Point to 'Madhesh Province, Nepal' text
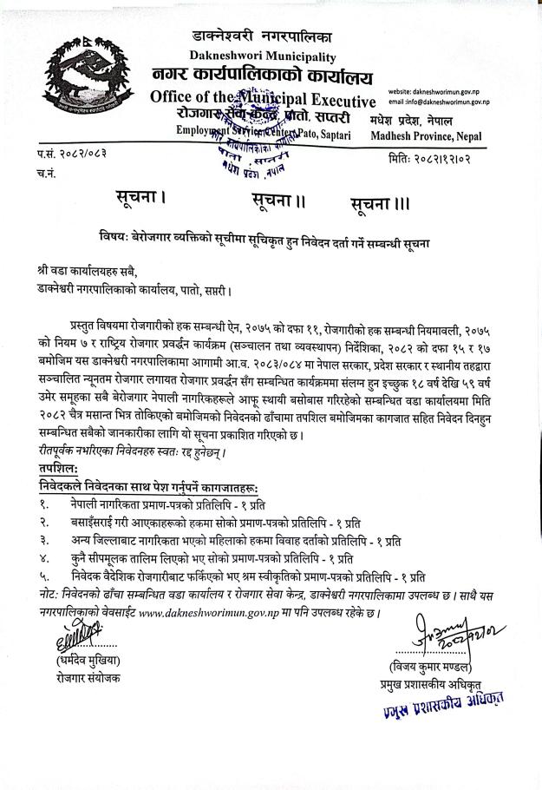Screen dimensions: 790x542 [x=426, y=136]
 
